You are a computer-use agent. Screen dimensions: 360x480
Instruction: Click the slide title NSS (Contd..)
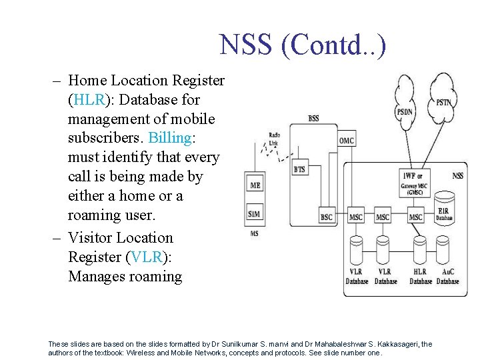(303, 45)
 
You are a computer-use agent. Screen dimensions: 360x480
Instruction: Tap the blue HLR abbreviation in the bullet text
(86, 100)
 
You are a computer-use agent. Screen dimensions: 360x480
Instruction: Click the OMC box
(346, 141)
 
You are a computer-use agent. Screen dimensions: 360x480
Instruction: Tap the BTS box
(299, 169)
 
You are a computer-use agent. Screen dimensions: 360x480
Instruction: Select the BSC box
(327, 217)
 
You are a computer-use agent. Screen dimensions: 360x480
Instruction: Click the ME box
(255, 185)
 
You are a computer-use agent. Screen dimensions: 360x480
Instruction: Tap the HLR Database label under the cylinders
(421, 277)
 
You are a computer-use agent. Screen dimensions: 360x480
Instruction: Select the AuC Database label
(448, 277)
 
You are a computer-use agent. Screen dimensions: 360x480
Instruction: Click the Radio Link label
(274, 139)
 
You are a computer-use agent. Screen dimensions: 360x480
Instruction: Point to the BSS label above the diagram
(313, 118)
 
